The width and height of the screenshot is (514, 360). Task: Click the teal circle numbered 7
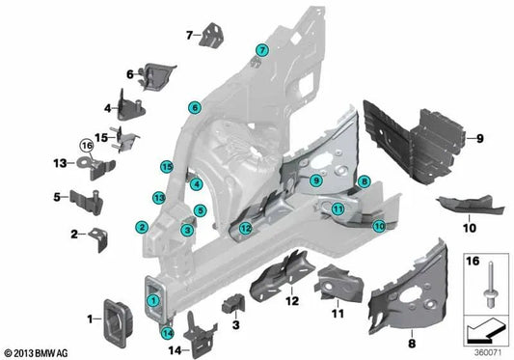(x=260, y=50)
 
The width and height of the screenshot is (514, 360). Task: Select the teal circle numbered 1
(x=152, y=300)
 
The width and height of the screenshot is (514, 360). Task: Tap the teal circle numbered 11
(x=338, y=208)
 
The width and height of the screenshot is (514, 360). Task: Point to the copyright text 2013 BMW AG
(x=39, y=352)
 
